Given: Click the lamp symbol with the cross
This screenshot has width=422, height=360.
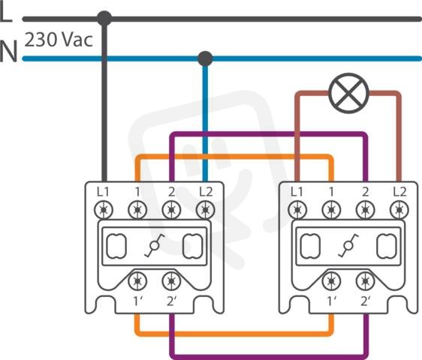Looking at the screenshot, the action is (349, 93).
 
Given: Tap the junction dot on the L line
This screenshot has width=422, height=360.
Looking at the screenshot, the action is (104, 19).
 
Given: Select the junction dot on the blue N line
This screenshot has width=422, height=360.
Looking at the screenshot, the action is (205, 58).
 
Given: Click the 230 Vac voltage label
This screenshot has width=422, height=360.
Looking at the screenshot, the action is (59, 40).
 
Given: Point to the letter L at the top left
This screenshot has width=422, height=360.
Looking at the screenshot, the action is (6, 13).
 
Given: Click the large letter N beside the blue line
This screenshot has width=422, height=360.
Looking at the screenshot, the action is (8, 51).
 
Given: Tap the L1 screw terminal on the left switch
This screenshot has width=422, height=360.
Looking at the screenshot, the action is (104, 210).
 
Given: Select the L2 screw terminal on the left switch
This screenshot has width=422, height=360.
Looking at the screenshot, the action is (205, 210).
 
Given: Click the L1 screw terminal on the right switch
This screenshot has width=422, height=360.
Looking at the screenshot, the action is (297, 210).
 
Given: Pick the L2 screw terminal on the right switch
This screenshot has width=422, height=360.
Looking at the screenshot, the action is (399, 210).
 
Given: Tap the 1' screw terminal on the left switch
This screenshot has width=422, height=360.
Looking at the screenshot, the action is (137, 281).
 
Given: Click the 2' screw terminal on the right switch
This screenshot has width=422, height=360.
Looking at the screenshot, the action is (365, 281).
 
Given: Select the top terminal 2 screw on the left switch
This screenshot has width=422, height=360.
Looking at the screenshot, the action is (171, 210).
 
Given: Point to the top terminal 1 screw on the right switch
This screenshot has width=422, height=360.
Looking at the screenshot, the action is (331, 210).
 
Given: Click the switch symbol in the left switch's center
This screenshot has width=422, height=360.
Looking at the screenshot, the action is (155, 245).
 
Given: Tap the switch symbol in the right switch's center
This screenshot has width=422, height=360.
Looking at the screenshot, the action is (348, 245).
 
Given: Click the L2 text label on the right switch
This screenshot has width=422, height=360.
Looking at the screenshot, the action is (399, 192).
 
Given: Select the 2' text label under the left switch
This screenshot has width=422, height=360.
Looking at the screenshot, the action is (172, 301).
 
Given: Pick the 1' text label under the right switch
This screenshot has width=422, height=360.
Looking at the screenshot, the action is (332, 301).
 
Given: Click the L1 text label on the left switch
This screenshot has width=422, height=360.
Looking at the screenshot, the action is (103, 192).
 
